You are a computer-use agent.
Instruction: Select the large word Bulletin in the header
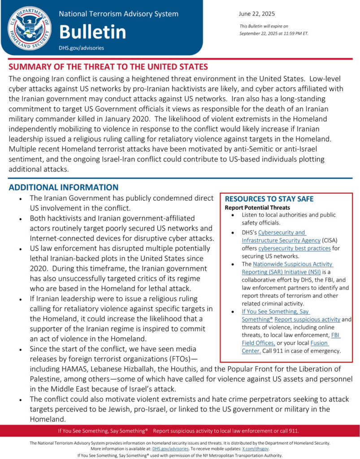(x=92, y=31)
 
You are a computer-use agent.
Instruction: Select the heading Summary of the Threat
(x=108, y=67)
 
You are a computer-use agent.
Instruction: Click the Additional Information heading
(x=63, y=187)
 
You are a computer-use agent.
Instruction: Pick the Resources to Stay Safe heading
(x=269, y=199)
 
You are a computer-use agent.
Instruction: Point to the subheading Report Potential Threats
(x=257, y=208)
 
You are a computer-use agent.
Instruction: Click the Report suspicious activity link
(x=308, y=319)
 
